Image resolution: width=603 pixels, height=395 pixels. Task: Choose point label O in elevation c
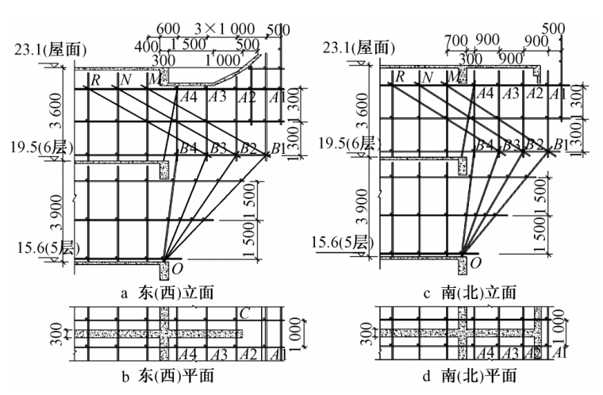475,261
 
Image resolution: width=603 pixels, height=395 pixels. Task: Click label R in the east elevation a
95,79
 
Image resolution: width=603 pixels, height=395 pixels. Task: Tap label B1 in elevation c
560,144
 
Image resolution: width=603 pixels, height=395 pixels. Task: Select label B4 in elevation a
188,148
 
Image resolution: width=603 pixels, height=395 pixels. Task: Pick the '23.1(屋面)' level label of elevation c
359,50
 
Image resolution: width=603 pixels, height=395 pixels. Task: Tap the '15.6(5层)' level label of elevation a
47,249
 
